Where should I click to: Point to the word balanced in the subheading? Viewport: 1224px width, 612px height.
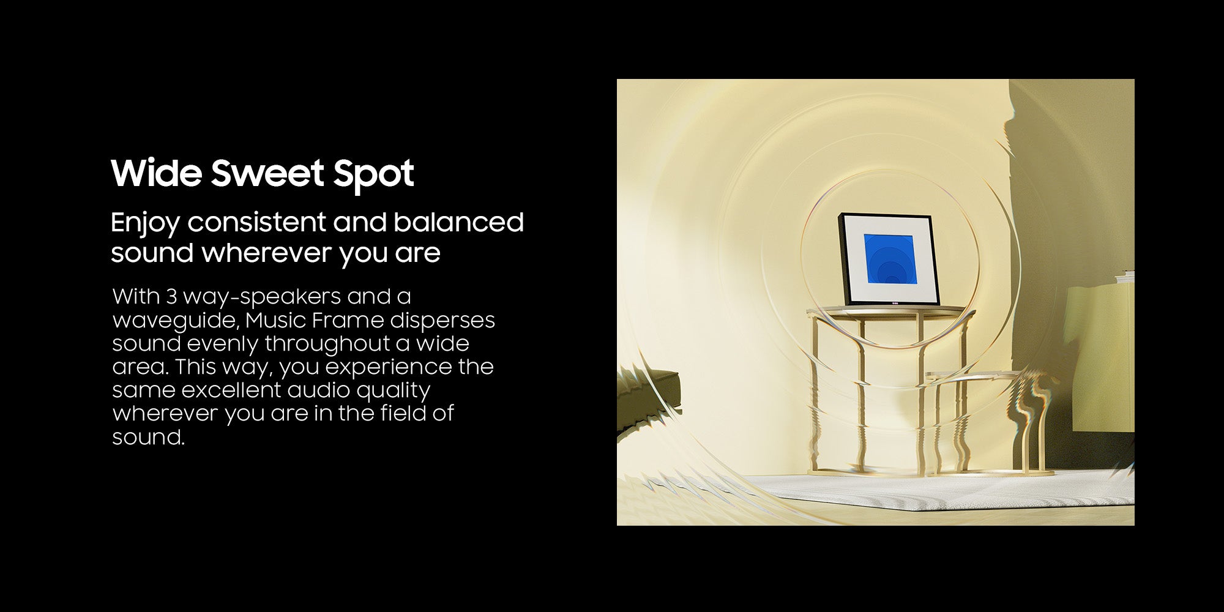[458, 222]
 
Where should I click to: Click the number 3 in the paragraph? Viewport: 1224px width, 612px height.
[171, 296]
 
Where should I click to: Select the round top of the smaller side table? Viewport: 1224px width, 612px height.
[973, 375]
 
